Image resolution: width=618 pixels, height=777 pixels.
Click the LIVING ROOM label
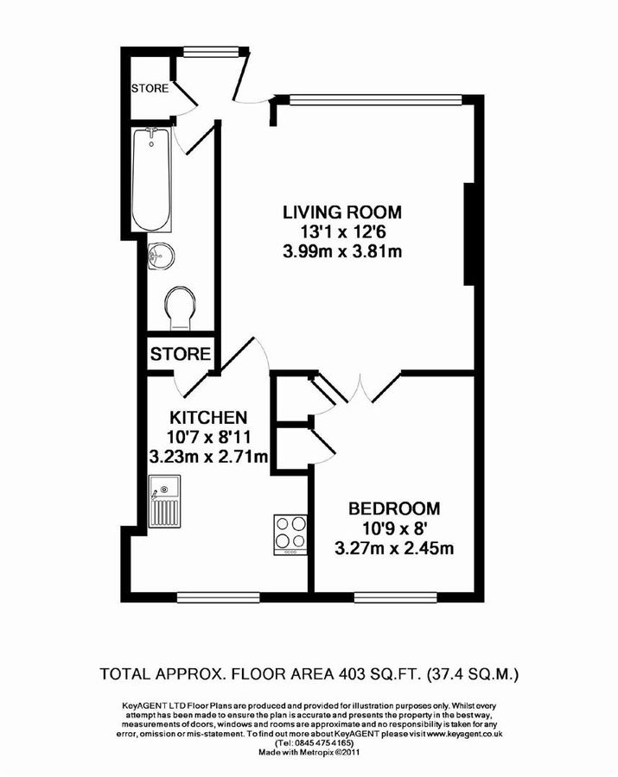coord(343,212)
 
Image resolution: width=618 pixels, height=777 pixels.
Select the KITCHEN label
coord(208,414)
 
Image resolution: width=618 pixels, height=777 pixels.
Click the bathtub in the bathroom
coord(152,180)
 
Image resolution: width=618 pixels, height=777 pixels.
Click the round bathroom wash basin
coord(161,254)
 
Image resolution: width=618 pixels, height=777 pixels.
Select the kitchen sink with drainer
coord(163,506)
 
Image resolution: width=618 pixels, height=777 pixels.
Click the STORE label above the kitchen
coord(181,354)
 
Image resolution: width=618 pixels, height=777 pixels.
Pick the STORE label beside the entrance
coord(150,88)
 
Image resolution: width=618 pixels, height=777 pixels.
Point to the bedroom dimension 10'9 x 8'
coord(394,527)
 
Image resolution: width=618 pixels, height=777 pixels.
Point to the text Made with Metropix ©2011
coord(308,751)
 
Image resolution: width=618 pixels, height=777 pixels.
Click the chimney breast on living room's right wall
coord(469,233)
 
